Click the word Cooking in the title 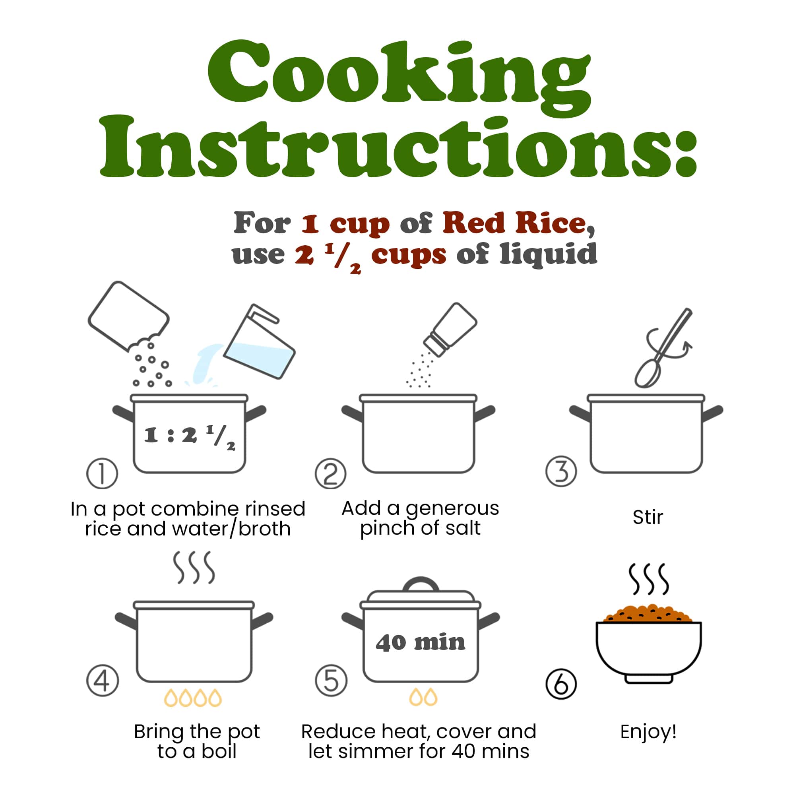pyautogui.click(x=399, y=76)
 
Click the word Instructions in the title pyautogui.click(x=398, y=147)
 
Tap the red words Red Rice pyautogui.click(x=514, y=223)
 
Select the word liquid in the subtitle pyautogui.click(x=548, y=254)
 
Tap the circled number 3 pyautogui.click(x=561, y=471)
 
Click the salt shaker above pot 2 pyautogui.click(x=450, y=329)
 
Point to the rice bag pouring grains pyautogui.click(x=128, y=316)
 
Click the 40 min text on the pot pyautogui.click(x=420, y=642)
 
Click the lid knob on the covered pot pyautogui.click(x=421, y=584)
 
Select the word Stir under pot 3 pyautogui.click(x=648, y=517)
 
